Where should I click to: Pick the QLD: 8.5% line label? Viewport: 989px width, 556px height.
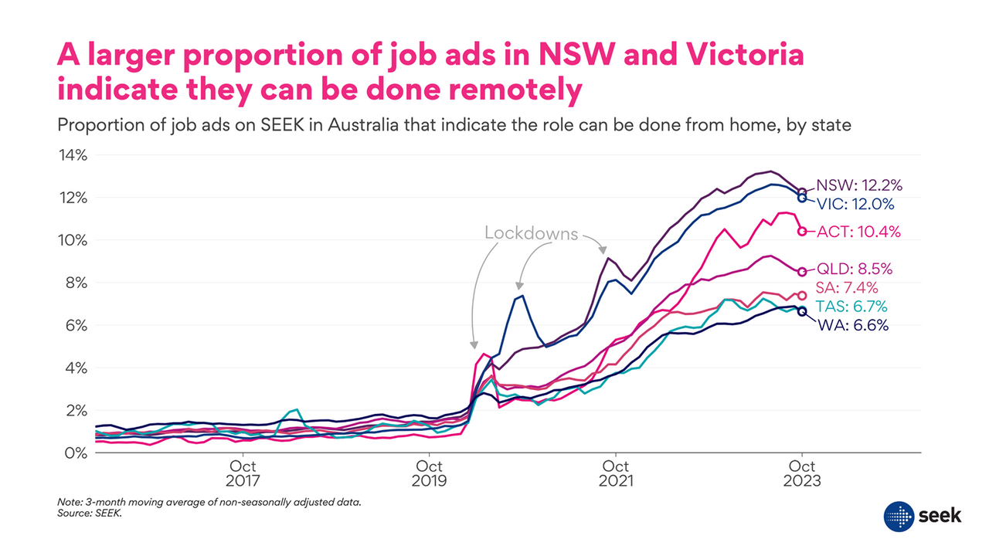click(x=855, y=270)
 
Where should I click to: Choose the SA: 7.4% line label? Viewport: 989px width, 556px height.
click(x=848, y=288)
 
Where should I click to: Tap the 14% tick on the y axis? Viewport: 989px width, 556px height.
click(x=74, y=155)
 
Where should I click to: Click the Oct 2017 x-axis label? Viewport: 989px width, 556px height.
click(x=243, y=473)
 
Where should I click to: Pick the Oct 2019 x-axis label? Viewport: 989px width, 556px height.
click(x=430, y=473)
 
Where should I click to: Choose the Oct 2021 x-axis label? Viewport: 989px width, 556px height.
click(x=616, y=473)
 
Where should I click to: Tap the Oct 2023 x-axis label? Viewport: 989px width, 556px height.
click(x=802, y=473)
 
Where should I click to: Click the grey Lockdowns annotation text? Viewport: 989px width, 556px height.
click(x=531, y=233)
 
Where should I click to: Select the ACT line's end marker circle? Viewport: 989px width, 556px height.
click(x=802, y=231)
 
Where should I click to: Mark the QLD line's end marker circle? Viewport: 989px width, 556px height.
click(x=802, y=272)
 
